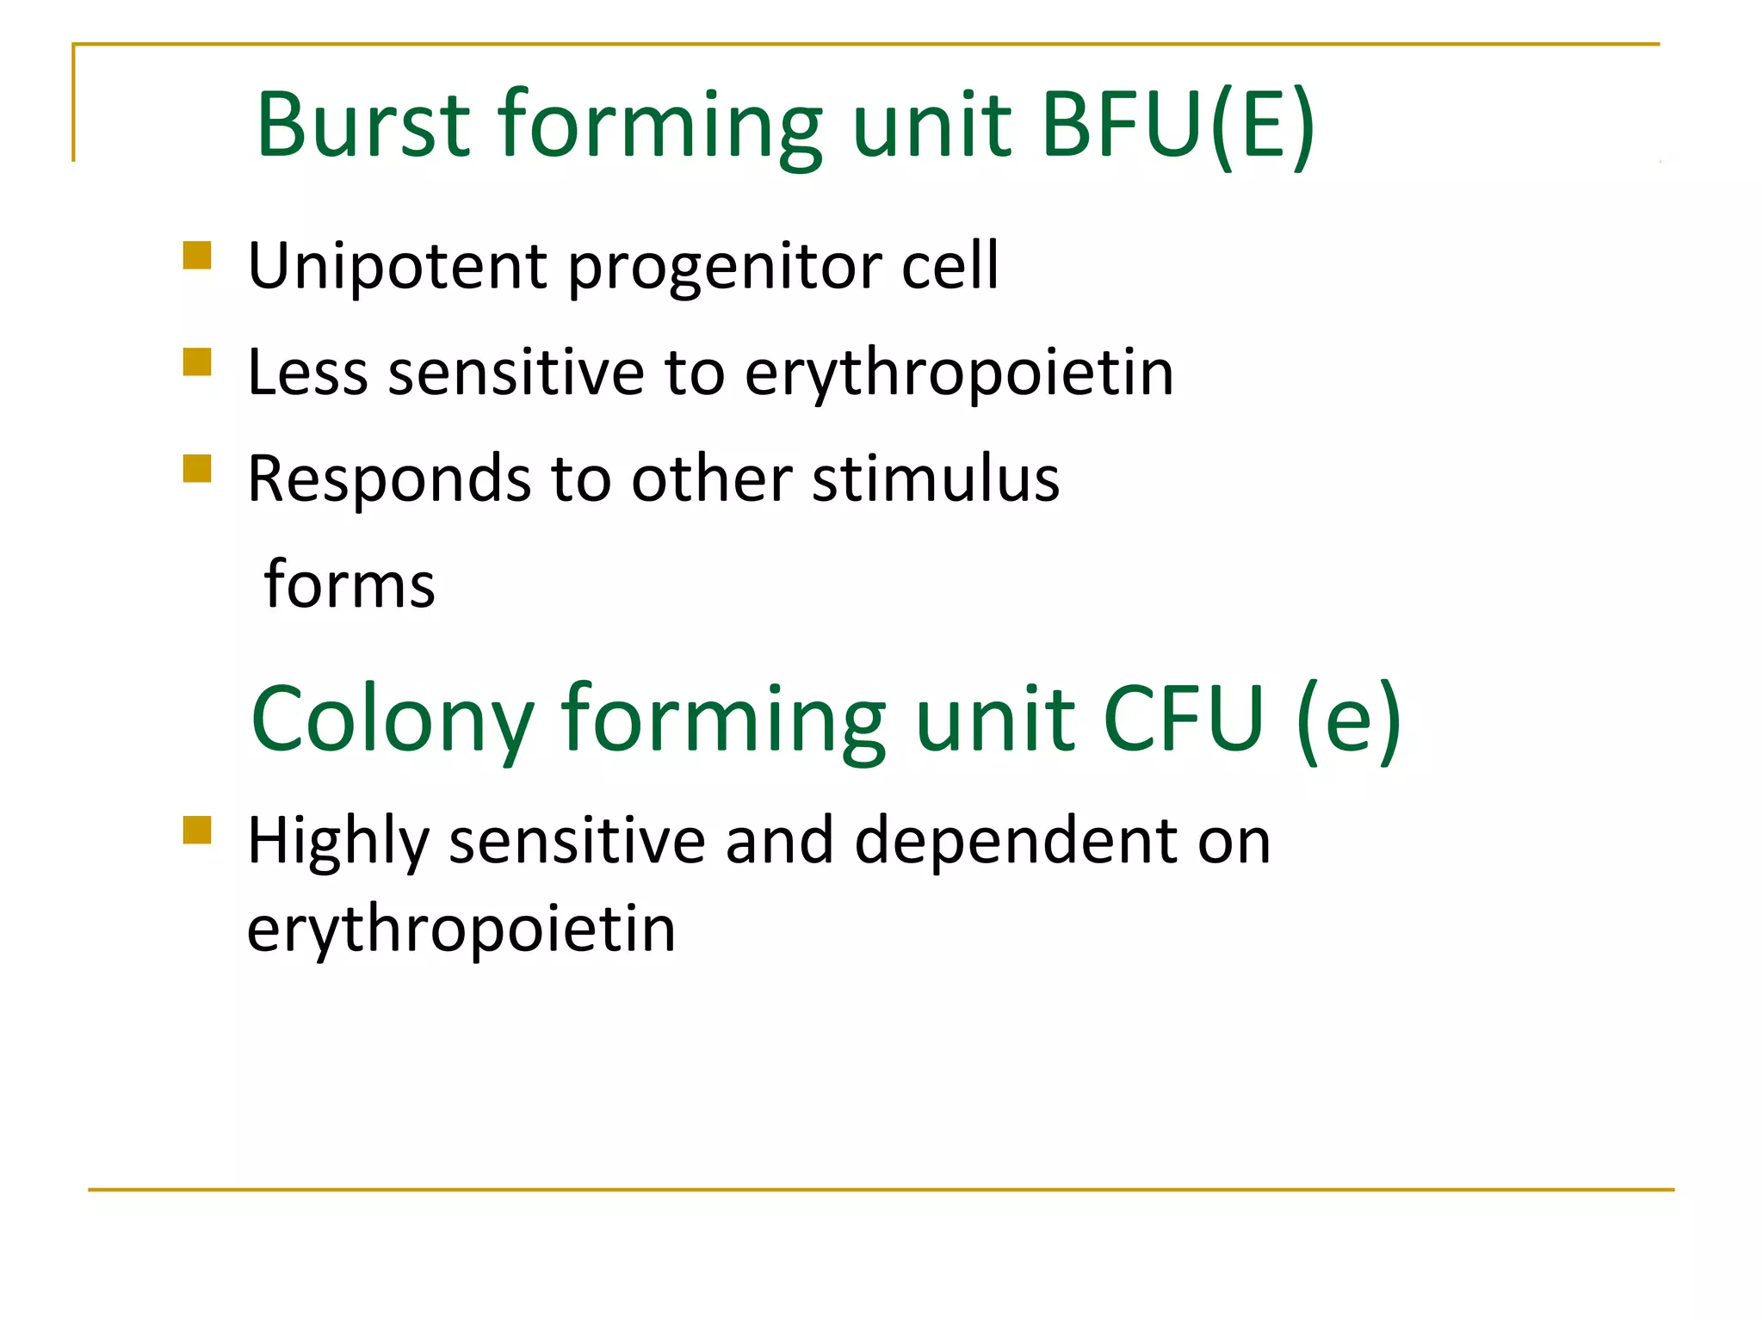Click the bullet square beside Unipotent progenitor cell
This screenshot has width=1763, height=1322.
(197, 256)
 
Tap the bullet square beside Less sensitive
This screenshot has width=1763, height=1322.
(197, 362)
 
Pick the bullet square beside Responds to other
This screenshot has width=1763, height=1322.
(197, 469)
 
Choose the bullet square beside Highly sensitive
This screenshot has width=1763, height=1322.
(197, 831)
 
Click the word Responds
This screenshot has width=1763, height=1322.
(389, 479)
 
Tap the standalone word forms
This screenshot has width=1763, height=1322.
(350, 584)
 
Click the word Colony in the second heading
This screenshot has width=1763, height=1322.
(393, 720)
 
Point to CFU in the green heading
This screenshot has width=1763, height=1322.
(1183, 718)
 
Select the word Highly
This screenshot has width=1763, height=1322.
(337, 842)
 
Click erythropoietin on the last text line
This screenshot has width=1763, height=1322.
(461, 930)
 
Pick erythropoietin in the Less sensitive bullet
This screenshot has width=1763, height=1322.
(959, 374)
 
